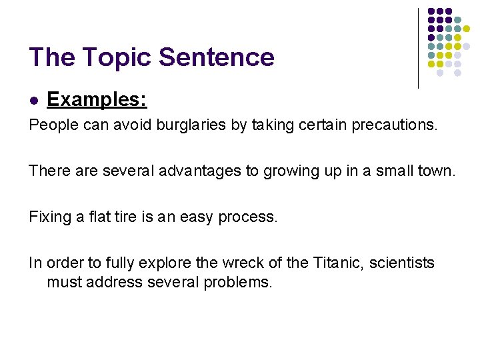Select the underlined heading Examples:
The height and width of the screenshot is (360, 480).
[97, 100]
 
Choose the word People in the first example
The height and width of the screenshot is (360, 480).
[51, 125]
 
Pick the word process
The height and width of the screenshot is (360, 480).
[249, 217]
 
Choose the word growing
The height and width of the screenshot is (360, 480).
[291, 171]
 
